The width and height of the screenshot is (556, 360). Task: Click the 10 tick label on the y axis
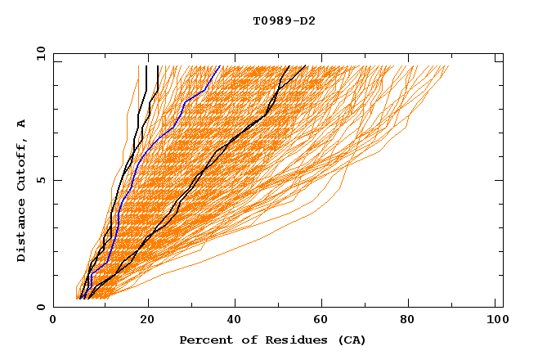click(40, 53)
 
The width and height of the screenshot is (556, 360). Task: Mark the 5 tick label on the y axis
click(40, 180)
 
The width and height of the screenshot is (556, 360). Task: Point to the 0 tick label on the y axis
click(40, 307)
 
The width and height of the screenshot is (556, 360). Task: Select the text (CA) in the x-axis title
click(352, 340)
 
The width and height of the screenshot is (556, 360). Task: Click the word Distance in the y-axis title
click(22, 233)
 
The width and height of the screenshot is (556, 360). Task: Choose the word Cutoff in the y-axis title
click(22, 168)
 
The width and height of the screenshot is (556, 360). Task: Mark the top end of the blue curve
click(219, 66)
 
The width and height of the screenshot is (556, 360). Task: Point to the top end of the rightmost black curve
click(306, 66)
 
